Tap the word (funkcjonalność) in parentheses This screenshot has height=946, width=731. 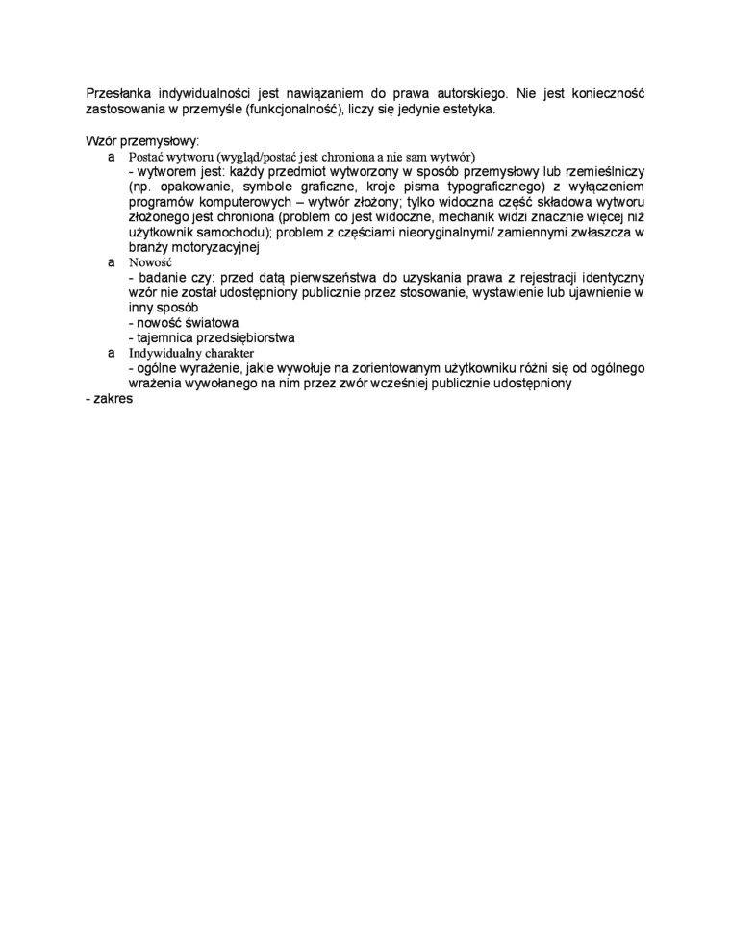pos(301,110)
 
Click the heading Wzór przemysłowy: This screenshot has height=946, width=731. pos(141,140)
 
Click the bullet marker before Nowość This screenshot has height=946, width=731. pos(112,261)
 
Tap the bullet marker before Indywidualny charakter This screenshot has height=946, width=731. pos(112,353)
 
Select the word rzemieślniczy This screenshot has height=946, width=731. pos(602,171)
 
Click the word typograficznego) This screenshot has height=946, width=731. pos(482,187)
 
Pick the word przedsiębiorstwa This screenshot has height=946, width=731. pos(242,337)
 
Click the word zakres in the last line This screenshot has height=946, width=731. pos(113,399)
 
